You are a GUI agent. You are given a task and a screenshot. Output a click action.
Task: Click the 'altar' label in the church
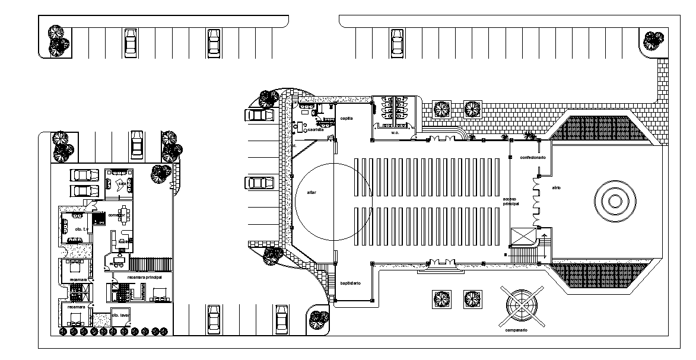point(312,193)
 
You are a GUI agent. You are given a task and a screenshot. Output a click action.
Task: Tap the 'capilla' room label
point(347,118)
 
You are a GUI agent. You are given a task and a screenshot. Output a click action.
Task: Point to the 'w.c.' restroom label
point(395,132)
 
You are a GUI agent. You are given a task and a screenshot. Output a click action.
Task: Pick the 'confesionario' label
point(532,158)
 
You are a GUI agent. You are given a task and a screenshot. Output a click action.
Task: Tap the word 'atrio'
point(556,188)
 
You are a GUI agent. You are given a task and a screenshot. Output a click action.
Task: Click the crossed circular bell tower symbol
point(521,304)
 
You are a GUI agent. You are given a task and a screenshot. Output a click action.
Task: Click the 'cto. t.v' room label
point(81,229)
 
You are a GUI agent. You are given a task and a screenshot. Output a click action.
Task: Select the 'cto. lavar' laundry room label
point(120,316)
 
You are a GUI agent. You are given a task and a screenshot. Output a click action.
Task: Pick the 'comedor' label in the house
point(116,215)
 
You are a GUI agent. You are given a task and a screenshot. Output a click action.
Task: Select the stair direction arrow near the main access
point(541,241)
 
